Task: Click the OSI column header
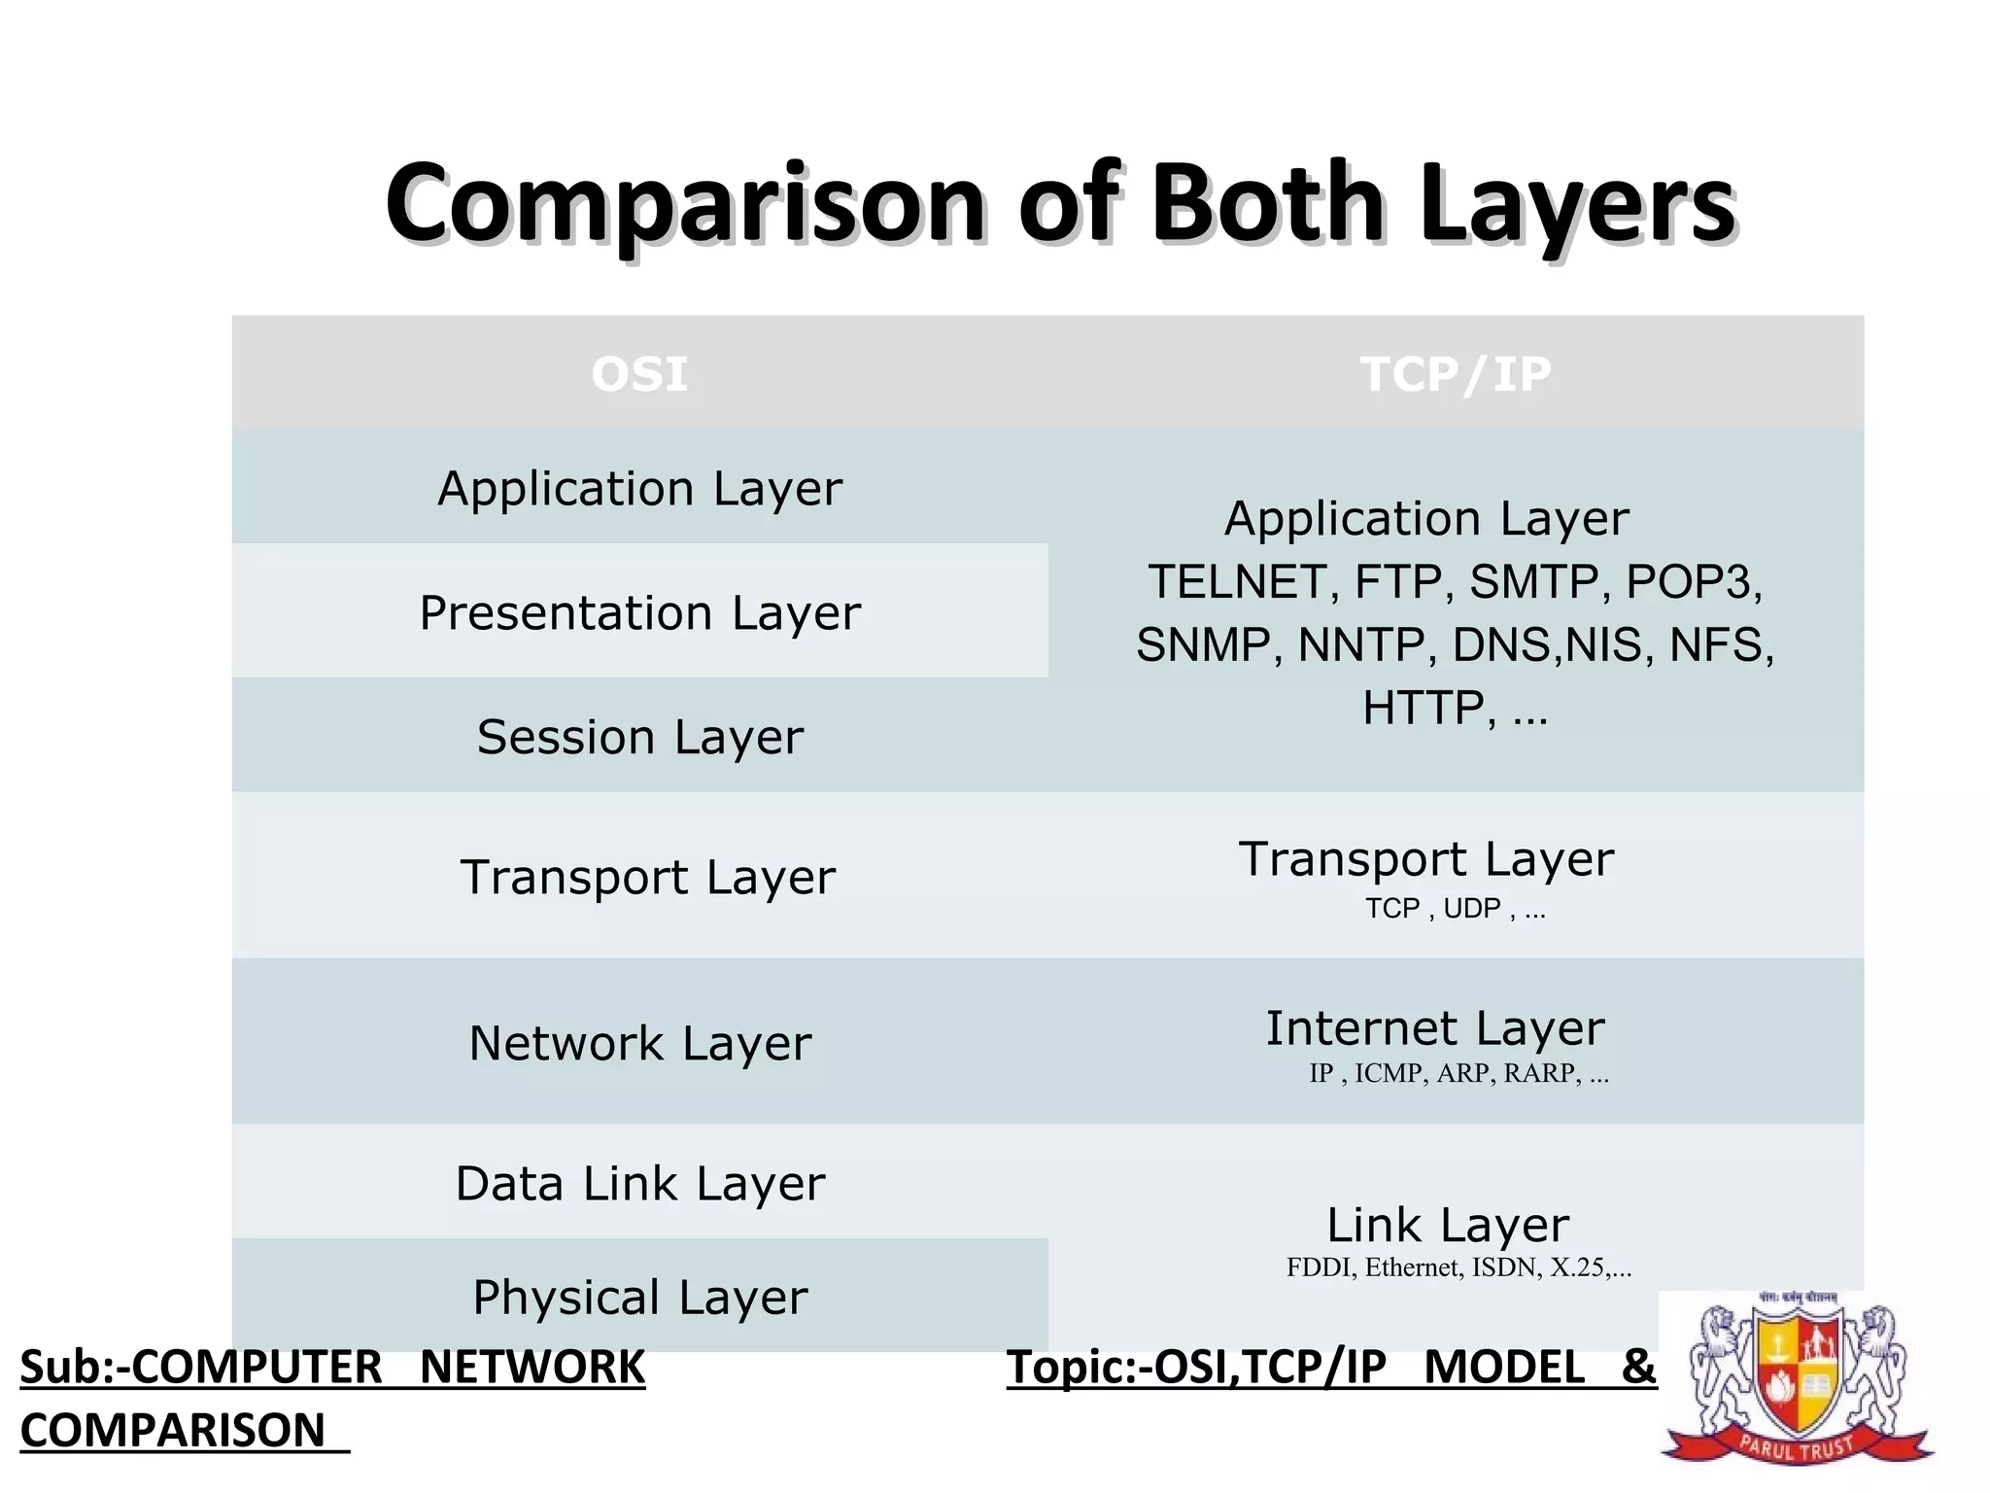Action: (639, 374)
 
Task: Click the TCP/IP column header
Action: (1455, 374)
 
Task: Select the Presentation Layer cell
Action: (639, 612)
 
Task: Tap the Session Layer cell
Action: (639, 736)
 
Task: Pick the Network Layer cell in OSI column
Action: (639, 1043)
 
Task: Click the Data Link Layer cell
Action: (639, 1183)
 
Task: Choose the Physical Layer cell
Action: (639, 1297)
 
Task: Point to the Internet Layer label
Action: (1434, 1028)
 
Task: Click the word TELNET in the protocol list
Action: (1236, 582)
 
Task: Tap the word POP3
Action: (1691, 582)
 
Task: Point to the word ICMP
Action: (1390, 1073)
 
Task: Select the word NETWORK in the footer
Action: (532, 1368)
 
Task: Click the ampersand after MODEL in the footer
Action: (1638, 1368)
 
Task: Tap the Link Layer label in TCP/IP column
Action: (1448, 1225)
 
